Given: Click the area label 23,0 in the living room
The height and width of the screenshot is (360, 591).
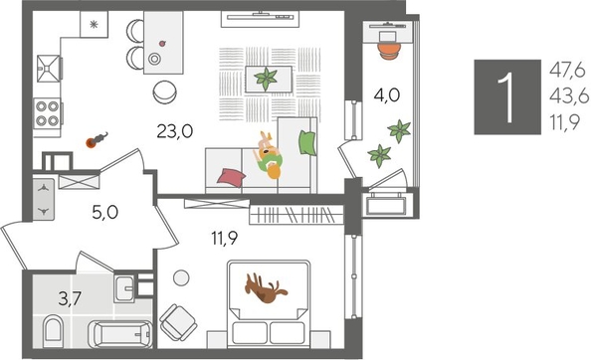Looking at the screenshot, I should pyautogui.click(x=175, y=128).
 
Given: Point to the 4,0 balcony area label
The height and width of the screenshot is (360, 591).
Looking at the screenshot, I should pyautogui.click(x=386, y=97).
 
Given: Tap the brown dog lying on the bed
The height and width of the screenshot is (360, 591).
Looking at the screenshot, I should pyautogui.click(x=266, y=289).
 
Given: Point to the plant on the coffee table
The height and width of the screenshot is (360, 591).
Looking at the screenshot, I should pyautogui.click(x=267, y=78).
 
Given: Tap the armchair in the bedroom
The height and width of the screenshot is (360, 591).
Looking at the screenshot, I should pyautogui.click(x=180, y=321).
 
